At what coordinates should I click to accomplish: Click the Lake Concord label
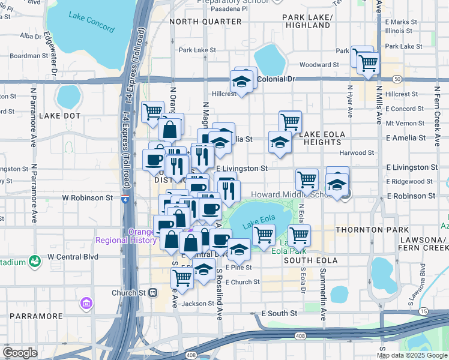click(85, 15)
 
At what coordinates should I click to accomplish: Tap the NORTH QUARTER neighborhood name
click(205, 22)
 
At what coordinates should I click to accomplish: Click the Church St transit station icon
click(153, 293)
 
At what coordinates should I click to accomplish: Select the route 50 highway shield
click(397, 79)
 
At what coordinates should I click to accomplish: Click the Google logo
click(20, 353)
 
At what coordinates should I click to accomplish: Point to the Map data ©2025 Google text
click(412, 355)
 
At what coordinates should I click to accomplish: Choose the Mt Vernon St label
click(405, 123)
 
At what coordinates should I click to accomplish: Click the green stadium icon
click(35, 262)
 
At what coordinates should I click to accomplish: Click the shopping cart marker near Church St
click(182, 278)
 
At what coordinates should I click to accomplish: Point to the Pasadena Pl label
click(228, 9)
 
